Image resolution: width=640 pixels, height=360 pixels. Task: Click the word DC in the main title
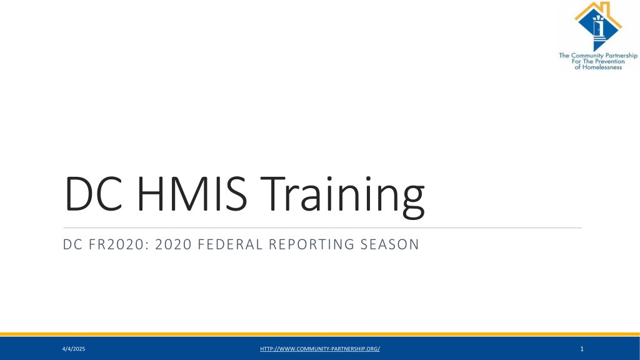coord(94,194)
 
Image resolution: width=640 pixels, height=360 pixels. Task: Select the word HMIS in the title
coord(192,194)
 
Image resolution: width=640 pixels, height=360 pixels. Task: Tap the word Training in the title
coord(342,196)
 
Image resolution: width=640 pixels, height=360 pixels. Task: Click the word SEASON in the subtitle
coord(389,244)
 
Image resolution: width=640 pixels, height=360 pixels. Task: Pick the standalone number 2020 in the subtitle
coord(174,244)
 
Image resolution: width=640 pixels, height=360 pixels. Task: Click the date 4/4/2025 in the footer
coord(74,349)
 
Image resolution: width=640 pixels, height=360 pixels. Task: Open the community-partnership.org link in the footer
coord(320,349)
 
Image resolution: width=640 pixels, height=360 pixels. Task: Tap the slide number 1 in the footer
coord(582,349)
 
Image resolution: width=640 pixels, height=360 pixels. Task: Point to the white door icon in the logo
coord(597,29)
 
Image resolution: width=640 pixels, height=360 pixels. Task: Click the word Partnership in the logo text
coord(621,56)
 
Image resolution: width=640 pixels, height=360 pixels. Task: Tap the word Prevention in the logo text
coord(609,61)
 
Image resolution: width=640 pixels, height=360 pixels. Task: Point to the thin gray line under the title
coord(322,227)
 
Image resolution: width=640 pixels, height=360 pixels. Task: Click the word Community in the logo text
coord(587,56)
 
